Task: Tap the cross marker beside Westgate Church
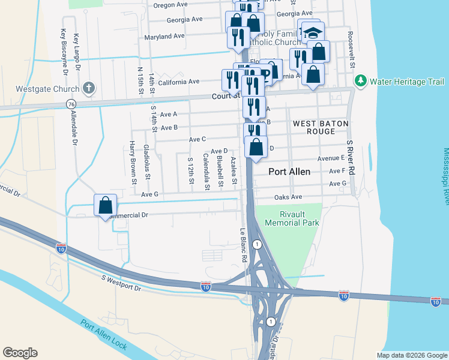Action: point(89,88)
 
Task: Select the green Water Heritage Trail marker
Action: point(361,80)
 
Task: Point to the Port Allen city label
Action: point(289,172)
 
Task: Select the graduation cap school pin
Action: point(311,31)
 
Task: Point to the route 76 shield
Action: point(71,104)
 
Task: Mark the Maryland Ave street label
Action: point(164,37)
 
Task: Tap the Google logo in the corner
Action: point(20,353)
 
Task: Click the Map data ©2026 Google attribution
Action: point(412,355)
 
